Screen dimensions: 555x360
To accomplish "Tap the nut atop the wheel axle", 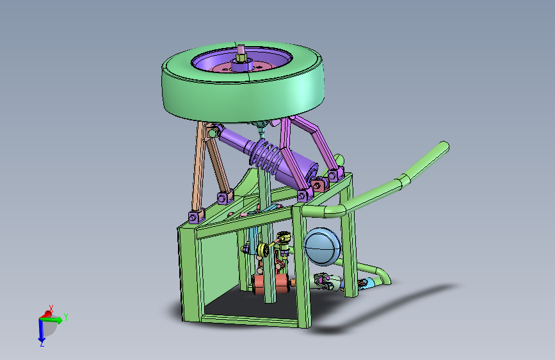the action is pyautogui.click(x=241, y=58).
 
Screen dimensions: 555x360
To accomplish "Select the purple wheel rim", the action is pyautogui.click(x=213, y=62).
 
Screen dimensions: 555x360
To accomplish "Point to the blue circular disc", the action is pyautogui.click(x=322, y=247).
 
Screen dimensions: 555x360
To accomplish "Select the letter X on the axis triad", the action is pyautogui.click(x=51, y=308).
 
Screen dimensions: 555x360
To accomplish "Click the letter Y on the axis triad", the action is pyautogui.click(x=65, y=317).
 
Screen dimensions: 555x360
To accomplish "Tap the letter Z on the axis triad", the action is pyautogui.click(x=42, y=343).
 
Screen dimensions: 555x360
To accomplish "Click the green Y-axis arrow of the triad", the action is pyautogui.click(x=52, y=320).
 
